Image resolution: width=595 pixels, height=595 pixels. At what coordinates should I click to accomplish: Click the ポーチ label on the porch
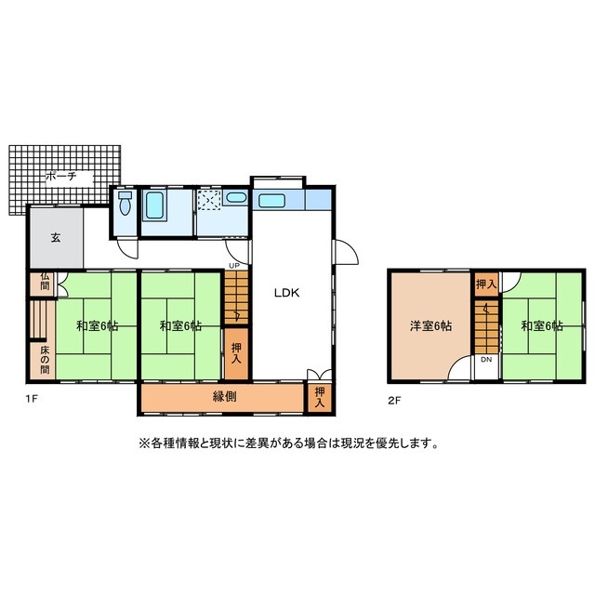[63, 175]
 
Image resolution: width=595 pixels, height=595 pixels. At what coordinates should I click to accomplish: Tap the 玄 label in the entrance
[55, 238]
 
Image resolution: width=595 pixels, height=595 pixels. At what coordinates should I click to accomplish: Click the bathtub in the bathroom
[154, 205]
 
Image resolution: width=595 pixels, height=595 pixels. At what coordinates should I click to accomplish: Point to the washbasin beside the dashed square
[236, 198]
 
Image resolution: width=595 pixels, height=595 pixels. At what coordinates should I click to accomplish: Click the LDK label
[285, 292]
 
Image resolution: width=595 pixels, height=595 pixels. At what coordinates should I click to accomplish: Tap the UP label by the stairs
[233, 267]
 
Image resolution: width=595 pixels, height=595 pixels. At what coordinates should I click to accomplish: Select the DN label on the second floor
[485, 361]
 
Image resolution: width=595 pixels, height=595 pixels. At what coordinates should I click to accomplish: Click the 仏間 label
[44, 284]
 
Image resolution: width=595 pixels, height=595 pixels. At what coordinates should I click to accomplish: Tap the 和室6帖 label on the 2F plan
[542, 326]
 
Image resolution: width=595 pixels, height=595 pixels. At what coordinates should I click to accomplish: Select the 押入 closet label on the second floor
[485, 283]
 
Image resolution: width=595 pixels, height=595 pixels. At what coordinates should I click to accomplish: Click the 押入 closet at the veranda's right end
[320, 397]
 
